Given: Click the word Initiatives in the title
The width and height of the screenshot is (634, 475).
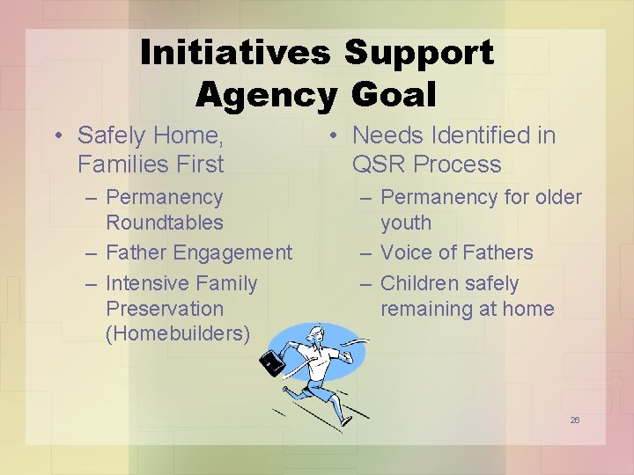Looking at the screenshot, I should coord(235,53).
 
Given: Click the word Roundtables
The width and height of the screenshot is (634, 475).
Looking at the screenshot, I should coord(164,223).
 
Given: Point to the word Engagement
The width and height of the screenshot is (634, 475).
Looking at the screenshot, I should coord(232,252).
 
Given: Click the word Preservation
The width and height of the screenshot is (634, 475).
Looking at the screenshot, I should coord(165,309).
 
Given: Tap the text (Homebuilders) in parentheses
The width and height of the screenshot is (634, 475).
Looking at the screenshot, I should coord(178,334).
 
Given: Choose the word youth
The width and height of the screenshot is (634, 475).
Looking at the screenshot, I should coord(406,223).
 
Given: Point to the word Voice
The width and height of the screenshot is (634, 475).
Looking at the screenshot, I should coord(407,252).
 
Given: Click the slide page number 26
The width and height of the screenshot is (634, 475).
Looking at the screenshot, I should coord(574,420).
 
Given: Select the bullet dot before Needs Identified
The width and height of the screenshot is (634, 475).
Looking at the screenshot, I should coord(335,136).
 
